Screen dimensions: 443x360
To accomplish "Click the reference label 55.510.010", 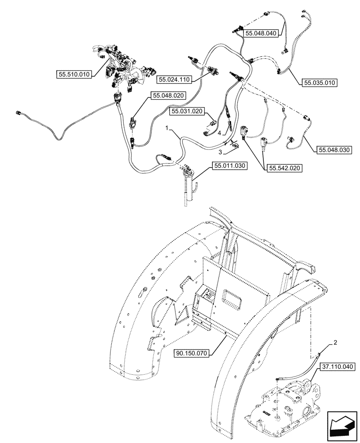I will pos(74,74).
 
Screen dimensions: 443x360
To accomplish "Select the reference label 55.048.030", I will pos(334,150).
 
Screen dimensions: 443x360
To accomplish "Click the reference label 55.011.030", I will pos(230,166).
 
